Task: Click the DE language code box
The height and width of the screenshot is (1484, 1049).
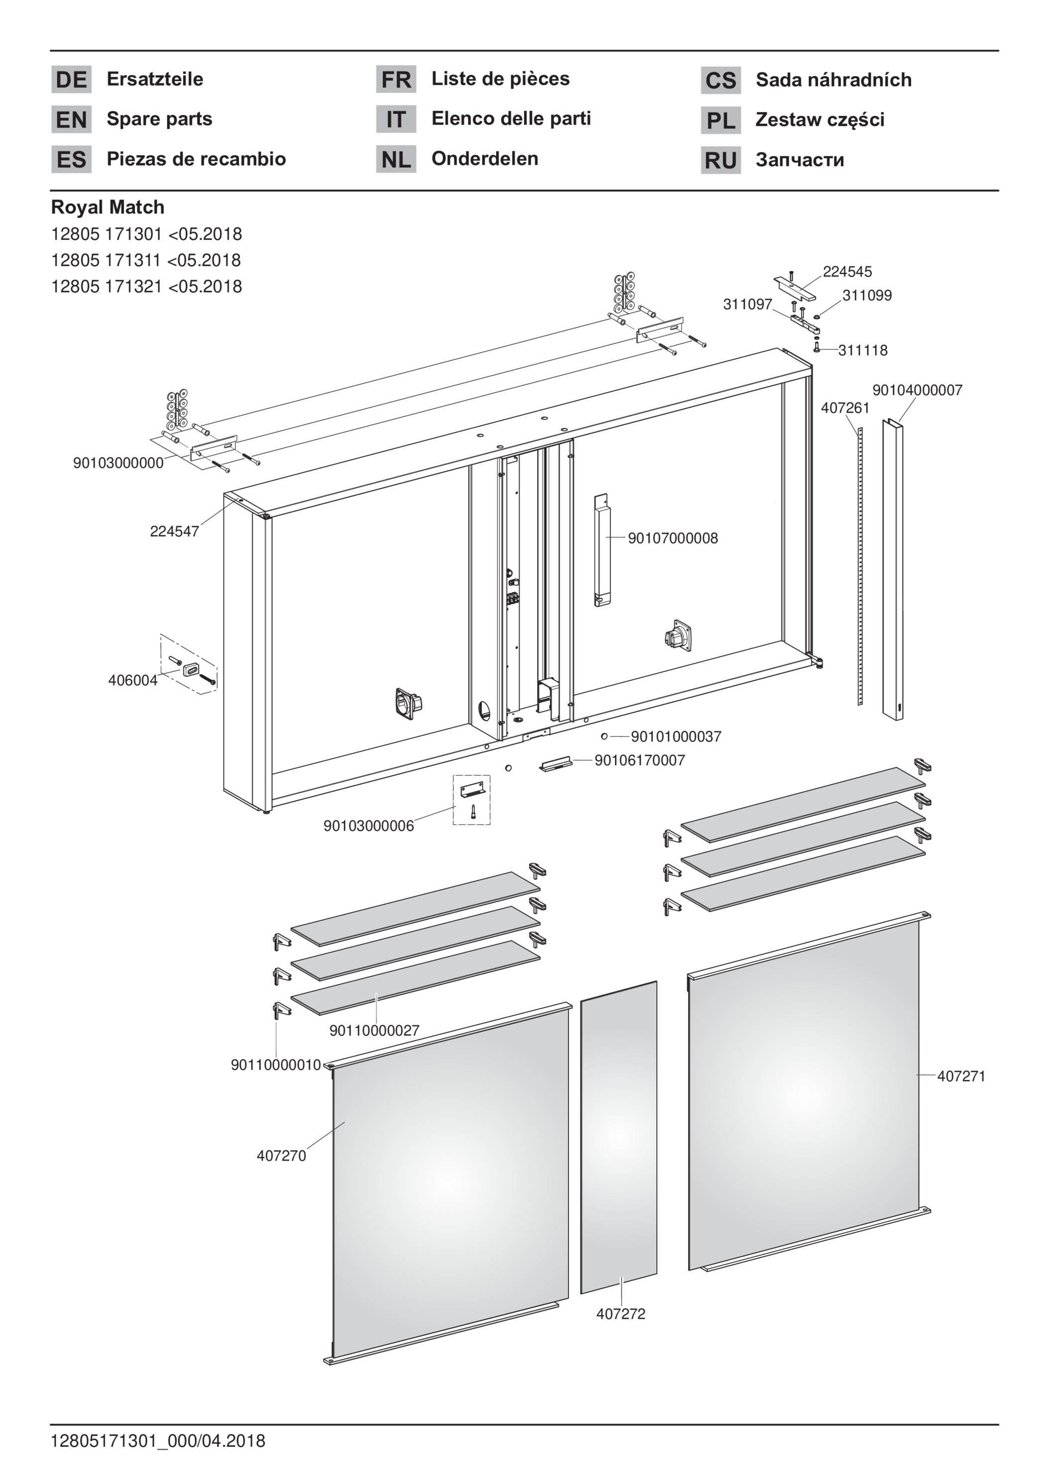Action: pos(71,80)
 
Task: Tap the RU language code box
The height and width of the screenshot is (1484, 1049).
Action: pos(721,160)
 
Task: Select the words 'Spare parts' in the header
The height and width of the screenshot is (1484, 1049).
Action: pos(159,119)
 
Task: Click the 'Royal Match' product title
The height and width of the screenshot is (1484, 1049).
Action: pos(108,207)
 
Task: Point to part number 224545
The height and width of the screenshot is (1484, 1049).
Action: pos(847,271)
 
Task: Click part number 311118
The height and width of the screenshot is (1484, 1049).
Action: pos(863,350)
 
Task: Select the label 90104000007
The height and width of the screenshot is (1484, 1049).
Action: pos(917,390)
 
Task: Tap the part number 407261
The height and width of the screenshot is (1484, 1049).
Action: pos(845,408)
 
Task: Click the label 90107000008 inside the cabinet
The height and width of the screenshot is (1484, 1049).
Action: pos(673,538)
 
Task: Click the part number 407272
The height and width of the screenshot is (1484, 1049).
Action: pos(621,1314)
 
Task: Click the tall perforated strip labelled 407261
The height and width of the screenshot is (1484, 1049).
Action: pos(860,565)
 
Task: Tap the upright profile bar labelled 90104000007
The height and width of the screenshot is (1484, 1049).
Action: pos(893,569)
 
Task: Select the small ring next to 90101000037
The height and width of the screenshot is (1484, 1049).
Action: pos(604,736)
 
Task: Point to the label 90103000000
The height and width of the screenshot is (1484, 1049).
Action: pos(118,463)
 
